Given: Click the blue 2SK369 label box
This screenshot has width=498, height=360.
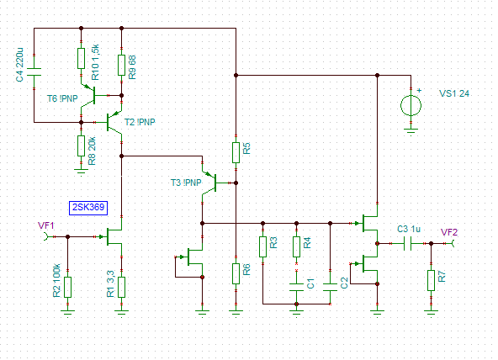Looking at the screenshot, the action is [x=88, y=208].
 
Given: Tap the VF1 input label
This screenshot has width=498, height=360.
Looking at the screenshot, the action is [x=46, y=225].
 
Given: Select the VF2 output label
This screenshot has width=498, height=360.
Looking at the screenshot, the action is [x=449, y=232].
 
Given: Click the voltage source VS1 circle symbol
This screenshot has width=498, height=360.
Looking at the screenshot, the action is [x=411, y=106].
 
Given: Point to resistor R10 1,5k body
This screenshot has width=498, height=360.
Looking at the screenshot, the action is [x=82, y=58].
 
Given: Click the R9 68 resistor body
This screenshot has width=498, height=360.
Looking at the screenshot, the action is [x=121, y=65].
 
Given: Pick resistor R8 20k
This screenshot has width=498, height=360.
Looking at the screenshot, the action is [x=82, y=146].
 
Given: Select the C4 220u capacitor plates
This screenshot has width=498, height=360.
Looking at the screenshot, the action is [x=34, y=71].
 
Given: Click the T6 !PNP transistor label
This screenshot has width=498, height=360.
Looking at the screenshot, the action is [x=62, y=98].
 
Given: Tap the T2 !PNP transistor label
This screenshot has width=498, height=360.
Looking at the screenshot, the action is [x=140, y=122].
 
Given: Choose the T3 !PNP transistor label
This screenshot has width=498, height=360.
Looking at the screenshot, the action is [x=186, y=183].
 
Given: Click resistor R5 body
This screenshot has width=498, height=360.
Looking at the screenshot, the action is [x=236, y=153].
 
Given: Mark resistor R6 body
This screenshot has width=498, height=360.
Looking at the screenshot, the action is [x=236, y=273].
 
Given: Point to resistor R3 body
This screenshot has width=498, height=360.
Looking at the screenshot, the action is [x=262, y=246].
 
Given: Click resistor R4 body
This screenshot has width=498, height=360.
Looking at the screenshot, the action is [x=296, y=246].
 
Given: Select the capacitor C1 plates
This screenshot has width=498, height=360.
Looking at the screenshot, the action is [x=296, y=288].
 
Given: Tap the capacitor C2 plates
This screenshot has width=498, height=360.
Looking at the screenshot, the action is [x=330, y=288].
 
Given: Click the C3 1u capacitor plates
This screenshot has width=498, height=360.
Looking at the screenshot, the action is [x=407, y=243].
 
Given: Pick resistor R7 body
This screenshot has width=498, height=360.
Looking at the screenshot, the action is [x=431, y=280].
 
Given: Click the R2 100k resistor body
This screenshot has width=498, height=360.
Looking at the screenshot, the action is [x=67, y=287].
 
